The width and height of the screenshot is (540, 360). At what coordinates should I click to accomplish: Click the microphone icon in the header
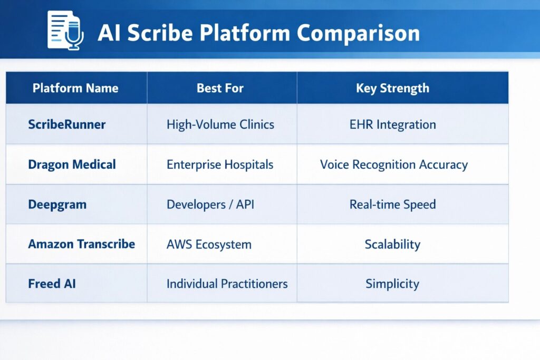74,34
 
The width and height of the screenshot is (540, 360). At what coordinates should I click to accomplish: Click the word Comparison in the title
358,33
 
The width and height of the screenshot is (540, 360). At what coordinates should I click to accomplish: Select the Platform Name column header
75,88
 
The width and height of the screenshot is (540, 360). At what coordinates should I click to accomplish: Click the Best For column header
220,88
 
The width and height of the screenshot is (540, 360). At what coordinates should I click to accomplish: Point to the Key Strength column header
392,89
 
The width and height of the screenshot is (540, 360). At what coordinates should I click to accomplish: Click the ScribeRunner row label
67,124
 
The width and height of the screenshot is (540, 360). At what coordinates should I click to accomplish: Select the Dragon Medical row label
72,164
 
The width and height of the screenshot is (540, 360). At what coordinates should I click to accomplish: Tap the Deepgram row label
57,205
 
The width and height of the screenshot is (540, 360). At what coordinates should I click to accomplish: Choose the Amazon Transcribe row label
82,244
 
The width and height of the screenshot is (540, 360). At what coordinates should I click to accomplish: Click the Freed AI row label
52,284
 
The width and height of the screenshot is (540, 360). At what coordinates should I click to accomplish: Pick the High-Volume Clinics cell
220,124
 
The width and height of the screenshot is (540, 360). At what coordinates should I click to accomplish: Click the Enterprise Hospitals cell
220,164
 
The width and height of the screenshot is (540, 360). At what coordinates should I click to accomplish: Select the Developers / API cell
210,205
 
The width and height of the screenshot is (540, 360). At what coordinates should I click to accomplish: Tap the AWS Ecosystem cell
209,245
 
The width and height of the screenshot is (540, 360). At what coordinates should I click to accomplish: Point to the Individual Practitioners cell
227,284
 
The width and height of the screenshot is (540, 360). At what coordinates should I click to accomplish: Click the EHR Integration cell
392,124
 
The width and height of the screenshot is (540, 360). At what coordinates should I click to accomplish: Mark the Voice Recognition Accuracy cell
394,165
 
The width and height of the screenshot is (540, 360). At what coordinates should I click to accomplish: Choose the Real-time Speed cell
392,205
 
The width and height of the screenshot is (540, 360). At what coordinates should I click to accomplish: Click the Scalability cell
392,245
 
